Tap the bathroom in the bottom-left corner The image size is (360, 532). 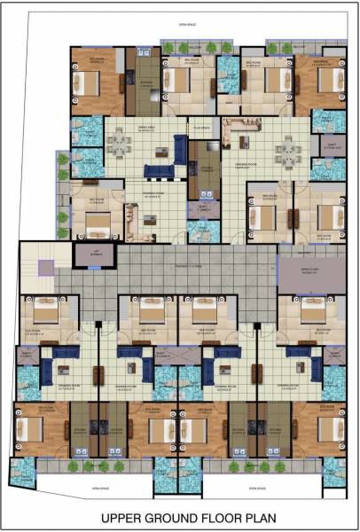pos(24,479)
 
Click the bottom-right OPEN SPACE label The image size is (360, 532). pos(257,487)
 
